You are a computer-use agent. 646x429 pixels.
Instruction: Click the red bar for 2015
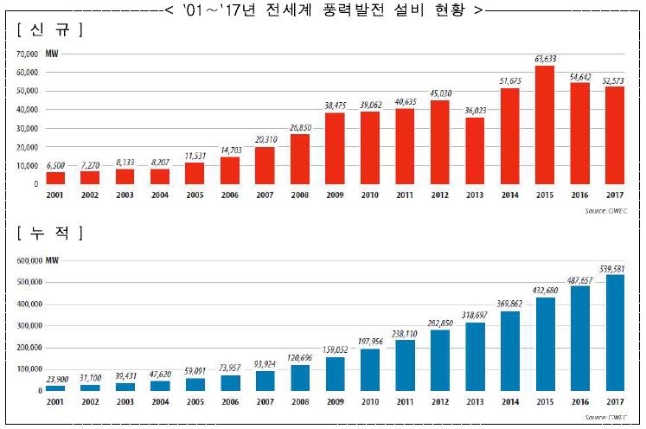pos(545,125)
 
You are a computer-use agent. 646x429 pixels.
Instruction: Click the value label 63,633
pos(545,59)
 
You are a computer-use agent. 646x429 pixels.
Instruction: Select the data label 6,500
pos(54,165)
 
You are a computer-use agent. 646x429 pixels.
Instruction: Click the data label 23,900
pos(55,379)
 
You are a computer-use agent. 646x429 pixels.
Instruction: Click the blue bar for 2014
pos(509,350)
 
